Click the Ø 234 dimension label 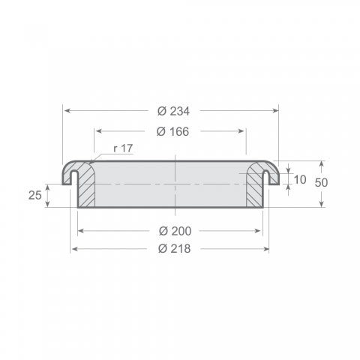pyautogui.click(x=173, y=111)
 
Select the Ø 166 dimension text pyautogui.click(x=172, y=131)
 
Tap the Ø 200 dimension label pyautogui.click(x=175, y=231)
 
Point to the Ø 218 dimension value pyautogui.click(x=175, y=249)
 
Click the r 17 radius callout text pyautogui.click(x=123, y=148)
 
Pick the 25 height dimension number pyautogui.click(x=35, y=195)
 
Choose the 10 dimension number pyautogui.click(x=300, y=180)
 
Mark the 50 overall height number pyautogui.click(x=321, y=183)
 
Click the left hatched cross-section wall pyautogui.click(x=86, y=185)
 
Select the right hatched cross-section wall pyautogui.click(x=254, y=185)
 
